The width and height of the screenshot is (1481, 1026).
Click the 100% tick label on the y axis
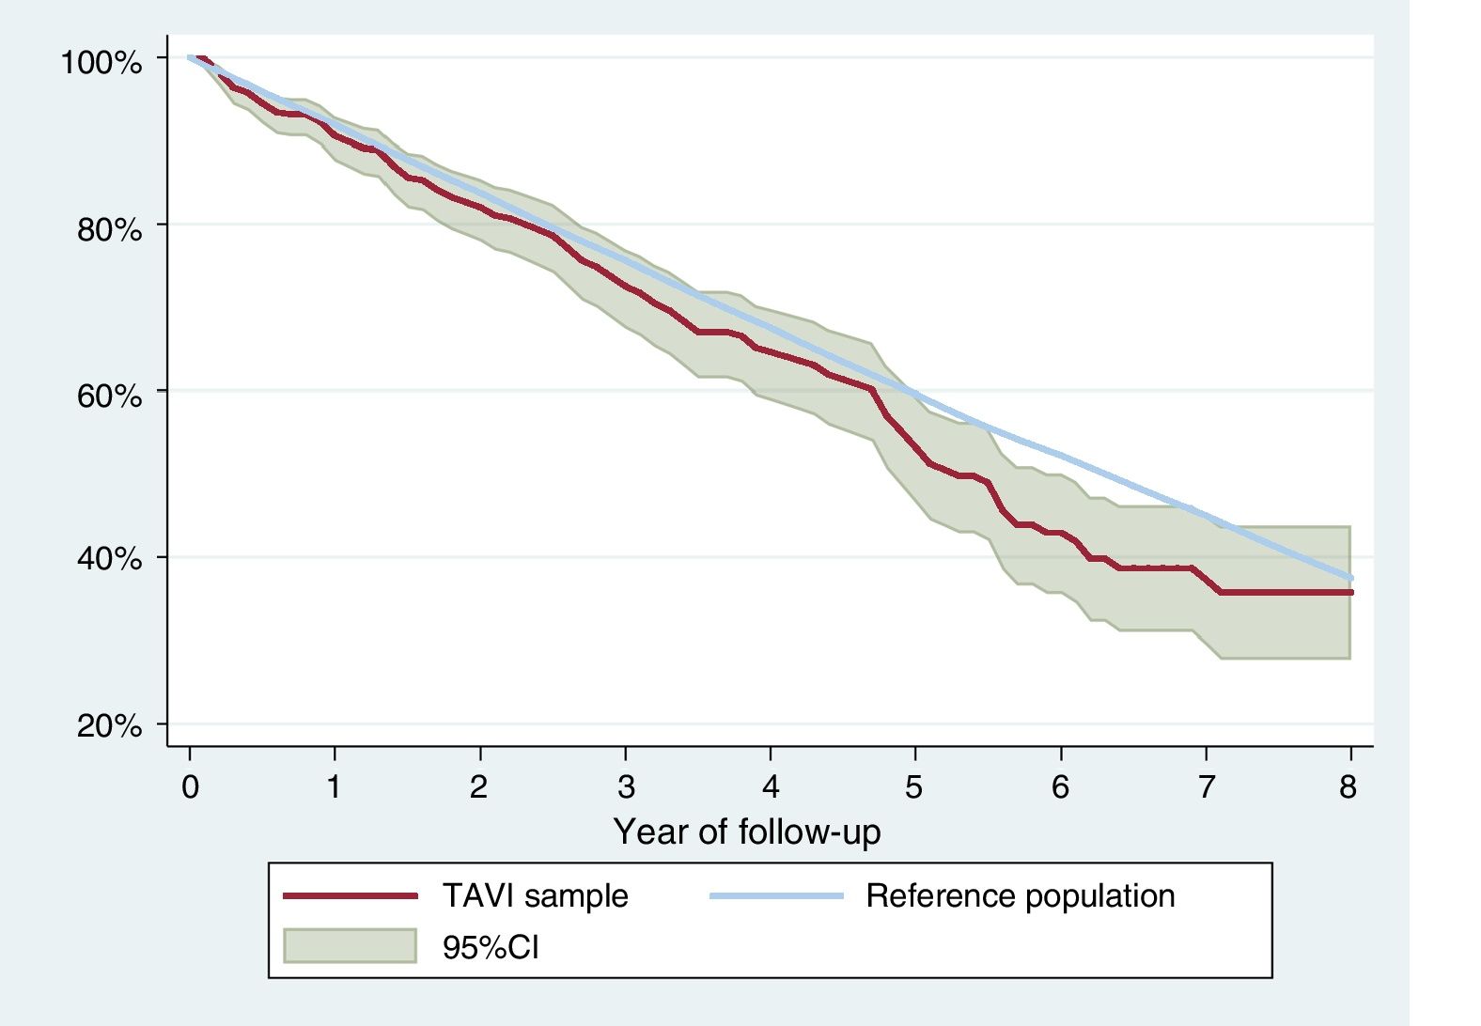(101, 63)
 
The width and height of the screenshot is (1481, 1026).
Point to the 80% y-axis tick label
(108, 229)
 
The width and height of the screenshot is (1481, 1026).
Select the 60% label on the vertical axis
(108, 396)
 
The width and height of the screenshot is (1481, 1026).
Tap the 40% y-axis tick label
(108, 560)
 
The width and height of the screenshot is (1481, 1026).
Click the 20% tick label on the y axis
(108, 726)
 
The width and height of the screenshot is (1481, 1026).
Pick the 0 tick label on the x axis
(190, 786)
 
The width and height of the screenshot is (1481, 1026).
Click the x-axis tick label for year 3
(626, 786)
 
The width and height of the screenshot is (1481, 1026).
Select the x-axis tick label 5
(914, 786)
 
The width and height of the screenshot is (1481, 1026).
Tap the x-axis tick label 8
(1348, 786)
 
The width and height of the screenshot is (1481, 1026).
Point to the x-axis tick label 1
(335, 786)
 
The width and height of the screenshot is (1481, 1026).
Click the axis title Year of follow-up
(747, 832)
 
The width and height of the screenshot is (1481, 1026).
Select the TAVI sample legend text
(535, 896)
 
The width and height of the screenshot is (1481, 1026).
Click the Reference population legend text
(1020, 896)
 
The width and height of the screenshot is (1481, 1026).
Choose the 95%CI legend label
(491, 947)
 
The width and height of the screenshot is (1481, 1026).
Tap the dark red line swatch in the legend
(350, 896)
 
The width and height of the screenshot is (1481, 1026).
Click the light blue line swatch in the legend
(775, 896)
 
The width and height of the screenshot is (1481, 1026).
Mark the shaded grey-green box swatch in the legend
(350, 946)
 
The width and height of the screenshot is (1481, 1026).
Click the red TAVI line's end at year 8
(1350, 592)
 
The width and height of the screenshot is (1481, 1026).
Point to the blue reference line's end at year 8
(1350, 578)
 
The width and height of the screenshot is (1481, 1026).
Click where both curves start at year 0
(191, 58)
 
